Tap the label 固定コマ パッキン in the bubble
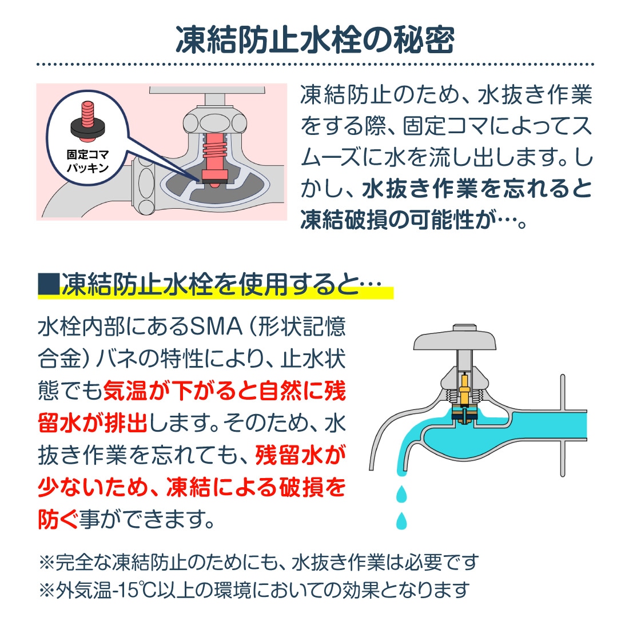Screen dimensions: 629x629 tap(87, 161)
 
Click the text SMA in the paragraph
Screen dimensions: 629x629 tap(215, 328)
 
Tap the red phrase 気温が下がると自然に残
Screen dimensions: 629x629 tap(224, 392)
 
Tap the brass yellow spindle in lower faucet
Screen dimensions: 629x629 tap(465, 389)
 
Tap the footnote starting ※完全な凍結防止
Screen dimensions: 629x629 tap(257, 562)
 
